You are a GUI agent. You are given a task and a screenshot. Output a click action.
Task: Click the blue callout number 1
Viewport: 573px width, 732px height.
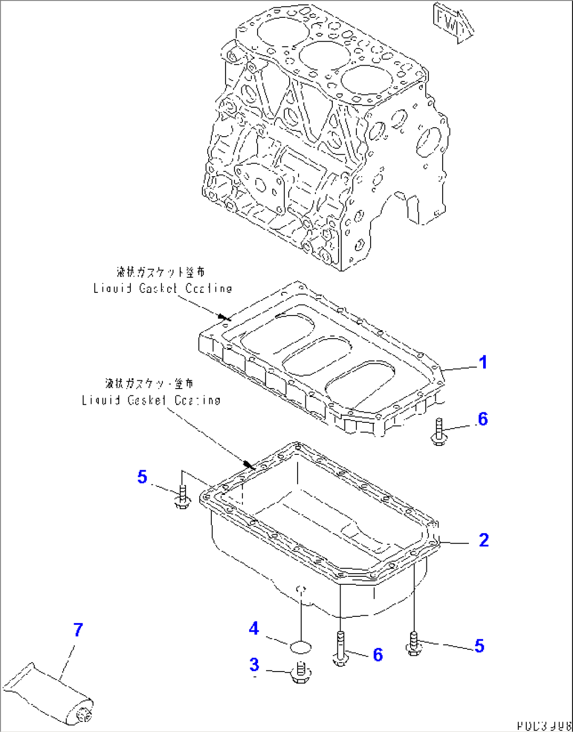(x=483, y=362)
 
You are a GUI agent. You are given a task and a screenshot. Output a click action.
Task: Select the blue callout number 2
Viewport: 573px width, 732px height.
(x=484, y=540)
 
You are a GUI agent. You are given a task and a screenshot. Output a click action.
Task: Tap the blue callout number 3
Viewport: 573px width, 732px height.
(x=254, y=665)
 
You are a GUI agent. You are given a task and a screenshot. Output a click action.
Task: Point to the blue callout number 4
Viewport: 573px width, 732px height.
(x=254, y=628)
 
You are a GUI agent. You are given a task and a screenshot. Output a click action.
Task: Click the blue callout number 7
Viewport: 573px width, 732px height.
(x=78, y=629)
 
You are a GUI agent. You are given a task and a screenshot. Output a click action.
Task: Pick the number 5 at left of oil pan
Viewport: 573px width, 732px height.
(x=142, y=477)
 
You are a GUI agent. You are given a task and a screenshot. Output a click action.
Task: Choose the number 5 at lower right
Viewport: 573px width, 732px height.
(x=479, y=646)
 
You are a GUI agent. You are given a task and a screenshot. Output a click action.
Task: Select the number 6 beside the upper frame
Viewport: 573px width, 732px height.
(x=483, y=419)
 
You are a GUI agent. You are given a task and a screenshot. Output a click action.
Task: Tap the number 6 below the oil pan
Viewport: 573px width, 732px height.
(x=377, y=655)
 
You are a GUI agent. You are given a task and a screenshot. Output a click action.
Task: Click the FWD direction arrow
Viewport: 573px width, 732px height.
(x=452, y=22)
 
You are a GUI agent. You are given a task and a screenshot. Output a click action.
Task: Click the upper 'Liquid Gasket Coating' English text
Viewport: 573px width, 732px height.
(x=162, y=288)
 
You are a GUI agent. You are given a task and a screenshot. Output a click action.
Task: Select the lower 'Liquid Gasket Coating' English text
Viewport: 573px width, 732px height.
(x=151, y=400)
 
